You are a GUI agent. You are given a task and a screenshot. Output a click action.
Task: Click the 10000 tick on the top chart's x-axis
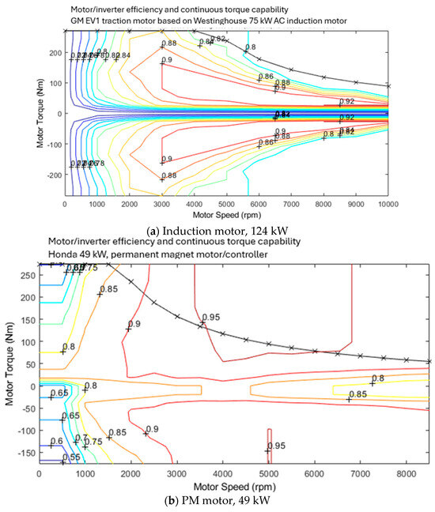[387, 204]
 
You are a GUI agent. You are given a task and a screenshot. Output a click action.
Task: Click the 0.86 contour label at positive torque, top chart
[266, 77]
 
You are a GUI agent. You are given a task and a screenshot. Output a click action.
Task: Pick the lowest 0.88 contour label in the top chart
[169, 175]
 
